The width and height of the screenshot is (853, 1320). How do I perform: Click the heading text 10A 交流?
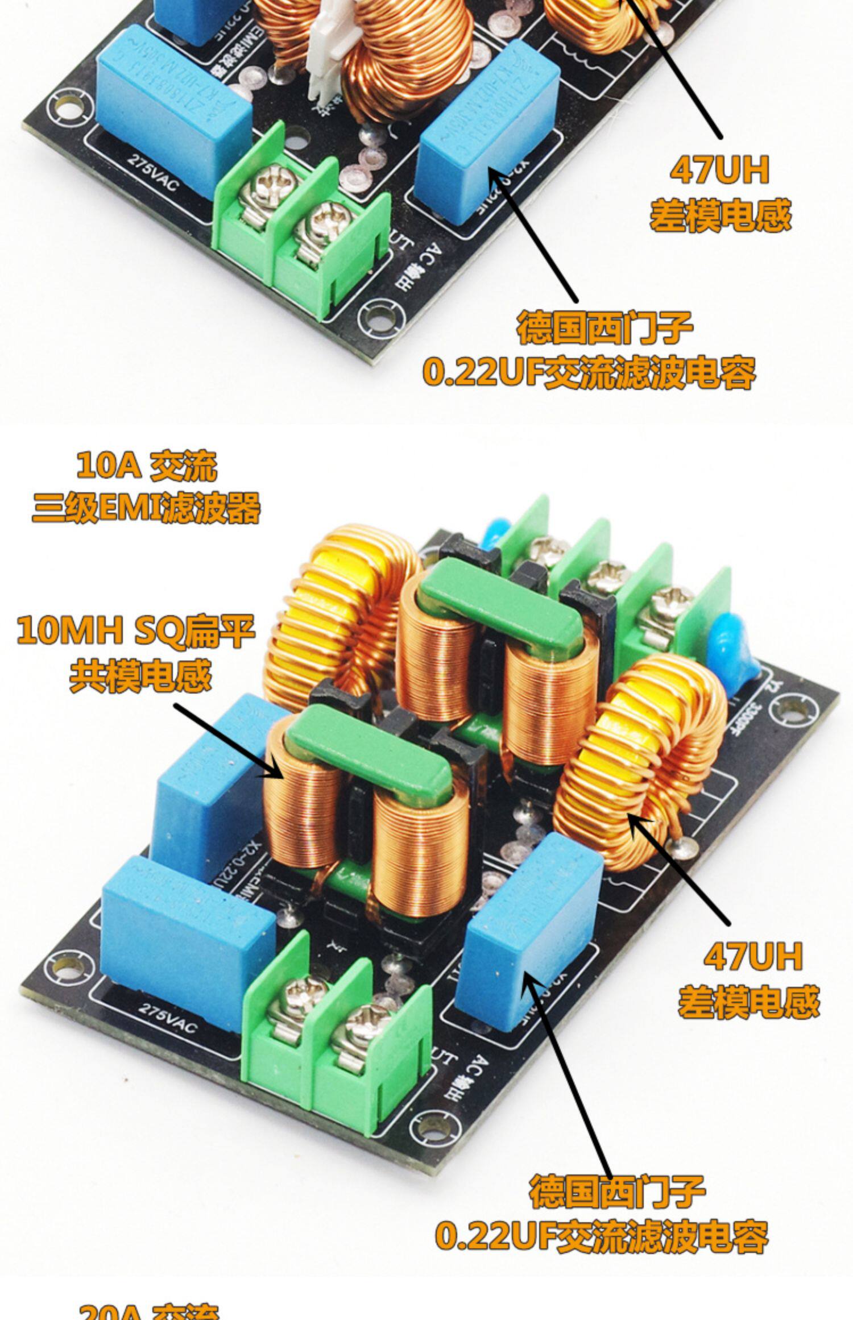[147, 466]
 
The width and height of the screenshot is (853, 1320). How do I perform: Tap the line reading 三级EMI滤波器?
[146, 508]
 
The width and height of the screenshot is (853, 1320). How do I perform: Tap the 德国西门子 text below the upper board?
[604, 328]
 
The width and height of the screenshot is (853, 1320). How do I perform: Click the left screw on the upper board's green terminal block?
[267, 185]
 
